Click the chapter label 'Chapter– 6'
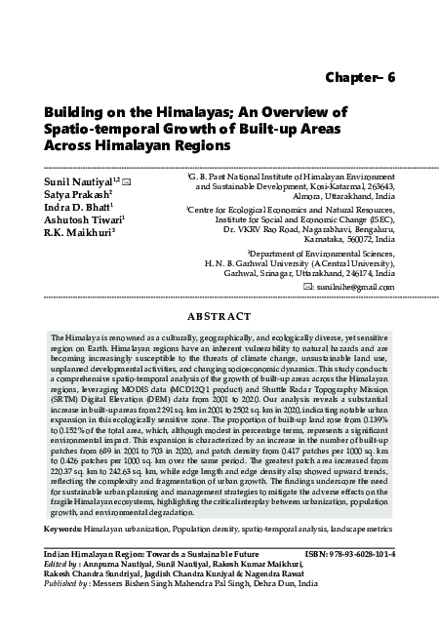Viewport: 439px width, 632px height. (360, 79)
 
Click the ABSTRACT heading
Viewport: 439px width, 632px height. (219, 316)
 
